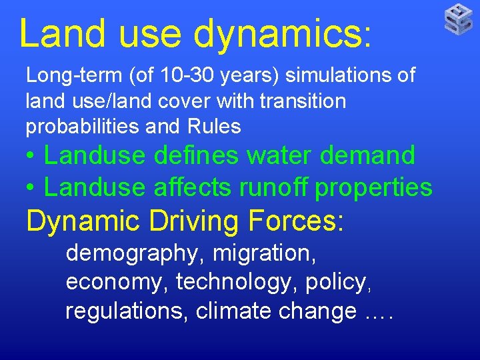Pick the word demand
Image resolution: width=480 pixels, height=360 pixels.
[x=374, y=155]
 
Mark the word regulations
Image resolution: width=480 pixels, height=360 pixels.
[x=126, y=311]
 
